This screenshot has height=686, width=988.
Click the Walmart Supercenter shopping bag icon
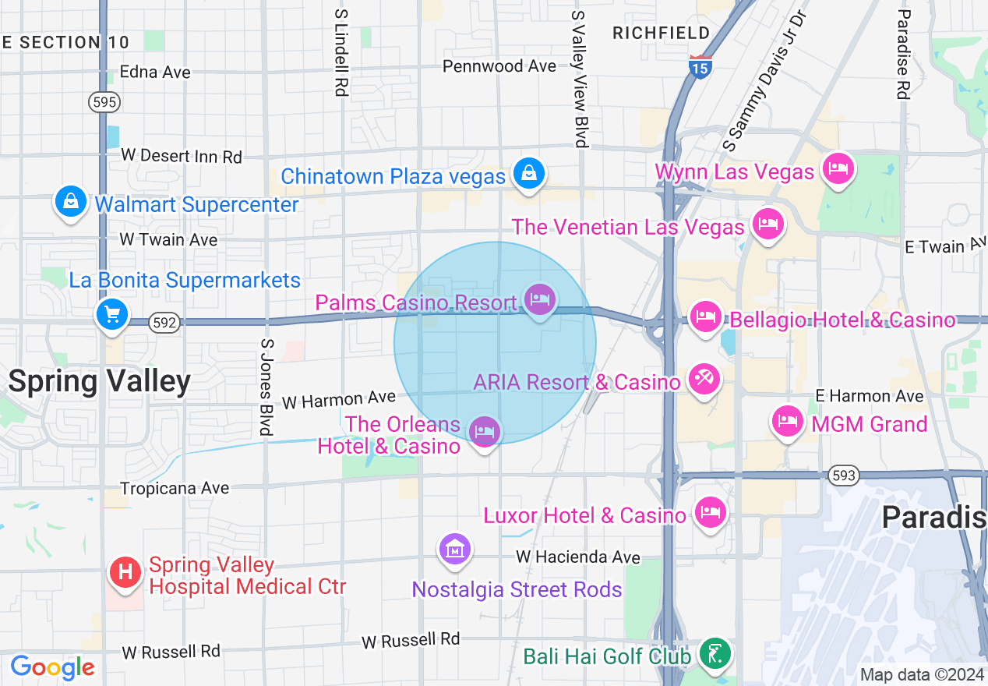pyautogui.click(x=71, y=203)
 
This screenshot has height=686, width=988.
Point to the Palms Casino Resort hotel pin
pyautogui.click(x=540, y=299)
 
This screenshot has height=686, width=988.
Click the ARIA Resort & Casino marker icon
pyautogui.click(x=704, y=380)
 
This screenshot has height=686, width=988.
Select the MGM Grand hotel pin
pyautogui.click(x=788, y=422)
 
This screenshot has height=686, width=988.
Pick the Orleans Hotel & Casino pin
pyautogui.click(x=485, y=431)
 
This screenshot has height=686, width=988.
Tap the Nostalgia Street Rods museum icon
pyautogui.click(x=455, y=550)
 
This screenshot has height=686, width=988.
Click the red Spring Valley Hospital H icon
pyautogui.click(x=125, y=574)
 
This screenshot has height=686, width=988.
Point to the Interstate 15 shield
pyautogui.click(x=700, y=67)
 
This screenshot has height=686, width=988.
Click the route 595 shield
pyautogui.click(x=104, y=103)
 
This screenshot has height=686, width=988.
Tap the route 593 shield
pyautogui.click(x=843, y=475)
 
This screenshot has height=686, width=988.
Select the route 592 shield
pyautogui.click(x=164, y=323)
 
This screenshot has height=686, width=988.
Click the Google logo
pyautogui.click(x=52, y=667)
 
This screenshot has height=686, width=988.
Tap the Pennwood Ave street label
pyautogui.click(x=499, y=66)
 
